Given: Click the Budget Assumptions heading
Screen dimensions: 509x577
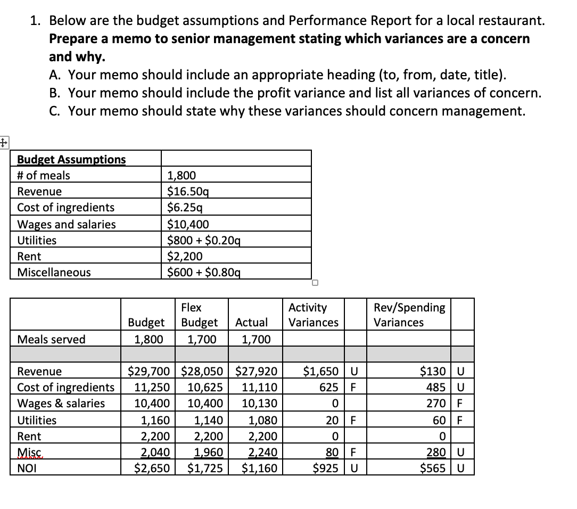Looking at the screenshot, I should click(71, 159).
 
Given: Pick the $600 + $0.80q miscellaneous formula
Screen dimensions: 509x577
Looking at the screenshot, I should click(203, 273).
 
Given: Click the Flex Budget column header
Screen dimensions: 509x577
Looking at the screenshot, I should click(199, 315).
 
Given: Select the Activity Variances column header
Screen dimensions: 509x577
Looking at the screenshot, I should click(313, 315).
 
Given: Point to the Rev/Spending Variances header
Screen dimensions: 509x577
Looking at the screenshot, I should click(409, 315).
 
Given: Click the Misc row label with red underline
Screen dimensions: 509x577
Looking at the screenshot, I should click(26, 453).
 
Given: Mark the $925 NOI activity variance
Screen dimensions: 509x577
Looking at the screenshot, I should click(325, 469).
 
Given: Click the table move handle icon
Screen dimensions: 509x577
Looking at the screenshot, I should click(4, 142).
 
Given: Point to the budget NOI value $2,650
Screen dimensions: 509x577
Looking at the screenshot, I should click(152, 469).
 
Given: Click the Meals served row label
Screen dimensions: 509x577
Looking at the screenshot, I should click(51, 339).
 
